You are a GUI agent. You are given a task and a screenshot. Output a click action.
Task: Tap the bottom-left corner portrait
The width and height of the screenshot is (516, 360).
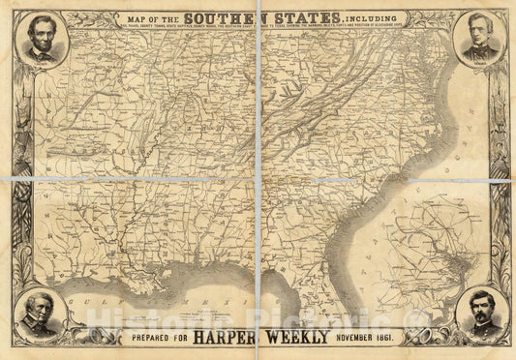[40, 315]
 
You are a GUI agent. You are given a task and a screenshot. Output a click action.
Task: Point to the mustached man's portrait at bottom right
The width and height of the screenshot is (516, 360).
[480, 315]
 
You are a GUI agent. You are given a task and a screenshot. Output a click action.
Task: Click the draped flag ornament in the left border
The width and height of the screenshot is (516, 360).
[18, 184]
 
